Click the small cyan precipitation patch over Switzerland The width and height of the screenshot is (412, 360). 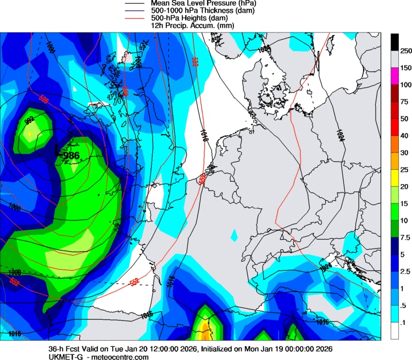tap(235, 236)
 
